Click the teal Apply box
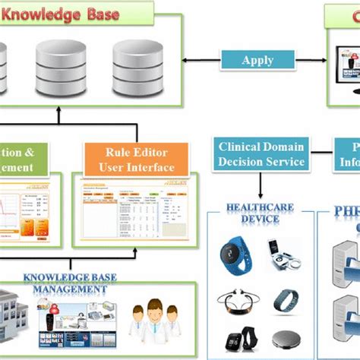coord(257,60)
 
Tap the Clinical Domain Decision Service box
coord(261,154)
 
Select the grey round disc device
coord(285,337)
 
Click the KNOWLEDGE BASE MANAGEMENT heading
coord(69,262)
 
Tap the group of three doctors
coord(155,319)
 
